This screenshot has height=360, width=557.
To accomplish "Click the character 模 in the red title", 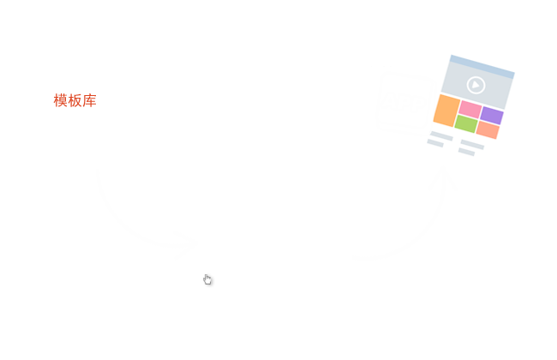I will click(61, 101).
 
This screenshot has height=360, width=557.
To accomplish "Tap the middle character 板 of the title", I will click(75, 101).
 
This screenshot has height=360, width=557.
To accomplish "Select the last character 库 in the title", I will click(90, 101).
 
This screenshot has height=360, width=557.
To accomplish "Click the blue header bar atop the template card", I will click(482, 67).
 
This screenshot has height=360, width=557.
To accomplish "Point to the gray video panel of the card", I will click(476, 86).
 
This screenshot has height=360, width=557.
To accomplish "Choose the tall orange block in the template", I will click(446, 111).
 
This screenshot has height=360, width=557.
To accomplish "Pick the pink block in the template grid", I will click(470, 109).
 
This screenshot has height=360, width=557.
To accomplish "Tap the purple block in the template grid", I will click(492, 115).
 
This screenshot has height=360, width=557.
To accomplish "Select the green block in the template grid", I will click(466, 123).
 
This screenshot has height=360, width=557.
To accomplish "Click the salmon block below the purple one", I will click(488, 129).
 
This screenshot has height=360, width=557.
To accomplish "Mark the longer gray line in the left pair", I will click(441, 135).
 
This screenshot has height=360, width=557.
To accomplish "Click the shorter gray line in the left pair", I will click(435, 143).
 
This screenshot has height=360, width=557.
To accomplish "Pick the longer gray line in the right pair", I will click(472, 144).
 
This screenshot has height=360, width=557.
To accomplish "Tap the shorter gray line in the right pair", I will click(466, 152).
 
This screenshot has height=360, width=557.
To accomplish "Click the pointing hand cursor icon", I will click(207, 280).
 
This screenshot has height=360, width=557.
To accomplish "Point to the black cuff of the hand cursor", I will click(206, 285).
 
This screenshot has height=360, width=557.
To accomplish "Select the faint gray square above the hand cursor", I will click(147, 214).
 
